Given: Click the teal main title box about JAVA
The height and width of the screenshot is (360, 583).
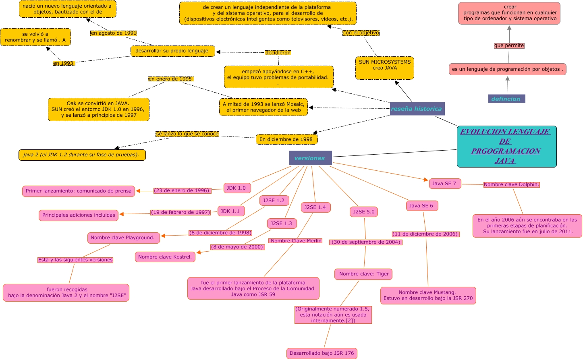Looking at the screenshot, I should tap(506, 146).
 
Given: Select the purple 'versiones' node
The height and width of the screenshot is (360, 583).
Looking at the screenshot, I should tap(310, 158).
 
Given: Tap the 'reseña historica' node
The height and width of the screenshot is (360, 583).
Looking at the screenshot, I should tap(417, 109).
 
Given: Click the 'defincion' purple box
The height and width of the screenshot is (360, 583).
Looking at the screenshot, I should tap(506, 99).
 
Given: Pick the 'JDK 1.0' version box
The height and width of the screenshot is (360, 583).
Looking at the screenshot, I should tap(237, 188).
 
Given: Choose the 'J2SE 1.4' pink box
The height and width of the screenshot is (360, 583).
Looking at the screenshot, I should tap(315, 207).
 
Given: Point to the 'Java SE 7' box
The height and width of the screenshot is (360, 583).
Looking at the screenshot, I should tap(444, 184).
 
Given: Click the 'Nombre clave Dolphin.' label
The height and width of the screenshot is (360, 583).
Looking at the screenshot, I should tap(511, 184).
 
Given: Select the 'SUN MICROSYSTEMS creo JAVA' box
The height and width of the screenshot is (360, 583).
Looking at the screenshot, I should tap(384, 68).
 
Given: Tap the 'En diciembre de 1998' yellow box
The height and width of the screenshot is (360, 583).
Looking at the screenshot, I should tap(286, 139).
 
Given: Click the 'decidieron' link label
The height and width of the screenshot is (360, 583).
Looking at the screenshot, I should tap(278, 53).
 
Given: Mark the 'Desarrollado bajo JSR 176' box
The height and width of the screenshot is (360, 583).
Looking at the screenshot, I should tap(322, 353).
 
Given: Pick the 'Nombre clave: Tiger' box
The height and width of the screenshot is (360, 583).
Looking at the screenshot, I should tap(363, 274).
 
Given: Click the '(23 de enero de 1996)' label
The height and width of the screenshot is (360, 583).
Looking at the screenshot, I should tap(182, 190).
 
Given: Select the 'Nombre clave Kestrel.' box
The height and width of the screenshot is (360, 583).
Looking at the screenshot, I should tap(165, 257).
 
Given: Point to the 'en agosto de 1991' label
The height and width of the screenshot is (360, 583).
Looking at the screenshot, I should tap(114, 33).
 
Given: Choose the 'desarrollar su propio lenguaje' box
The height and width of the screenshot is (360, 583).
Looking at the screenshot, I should tap(172, 51).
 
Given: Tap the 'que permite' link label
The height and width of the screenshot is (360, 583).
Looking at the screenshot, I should tap(509, 46).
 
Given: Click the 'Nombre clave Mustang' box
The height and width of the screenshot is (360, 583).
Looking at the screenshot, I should tap(428, 295).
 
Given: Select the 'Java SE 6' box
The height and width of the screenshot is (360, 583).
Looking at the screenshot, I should tap(421, 206).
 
